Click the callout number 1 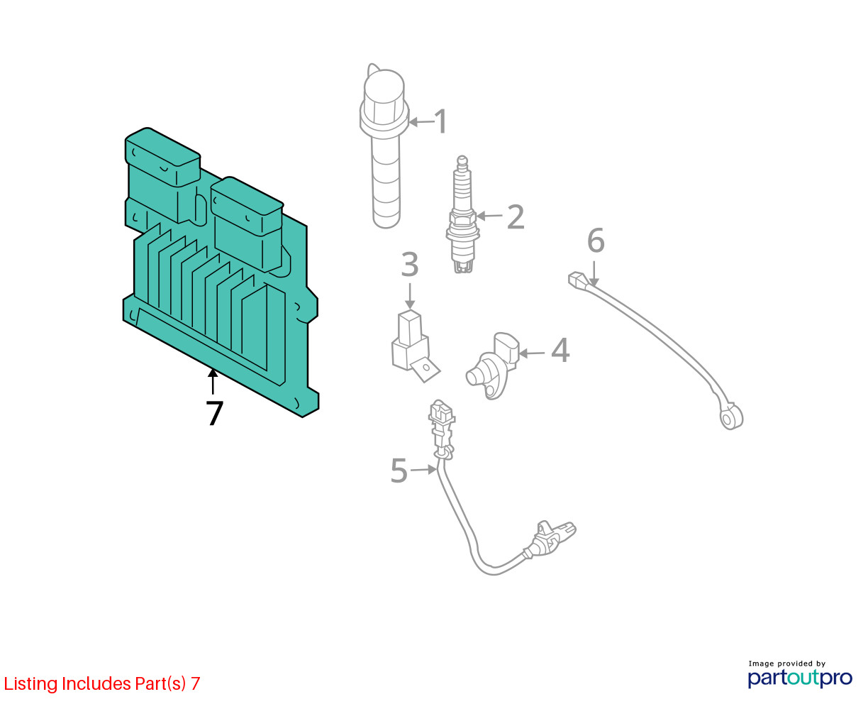[440, 121]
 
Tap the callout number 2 [515, 216]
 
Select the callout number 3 [410, 264]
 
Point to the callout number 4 [560, 350]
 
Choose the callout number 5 [399, 471]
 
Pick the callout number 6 [596, 241]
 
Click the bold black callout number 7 [214, 413]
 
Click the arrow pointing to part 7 [212, 381]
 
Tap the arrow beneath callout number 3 [410, 296]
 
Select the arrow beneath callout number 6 [594, 274]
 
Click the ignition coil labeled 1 [384, 145]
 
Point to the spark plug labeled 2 [462, 214]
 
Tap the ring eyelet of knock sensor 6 [731, 417]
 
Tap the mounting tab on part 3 [424, 369]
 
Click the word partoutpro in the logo [800, 678]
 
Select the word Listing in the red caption [30, 683]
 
